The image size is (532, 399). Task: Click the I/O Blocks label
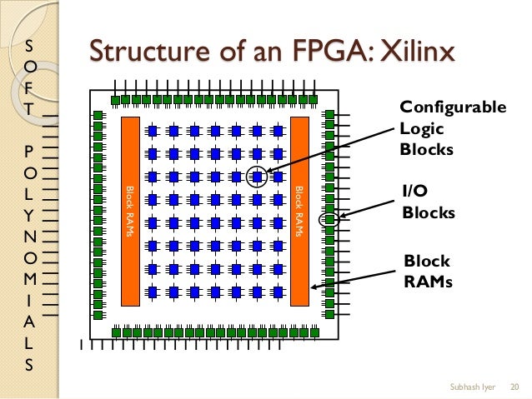point(429,202)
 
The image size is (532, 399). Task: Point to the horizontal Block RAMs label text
point(428,271)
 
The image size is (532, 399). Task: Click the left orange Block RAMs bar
point(130,211)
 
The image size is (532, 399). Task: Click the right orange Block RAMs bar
point(299,211)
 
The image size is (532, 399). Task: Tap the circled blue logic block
point(258,177)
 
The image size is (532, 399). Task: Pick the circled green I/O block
point(330,220)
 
